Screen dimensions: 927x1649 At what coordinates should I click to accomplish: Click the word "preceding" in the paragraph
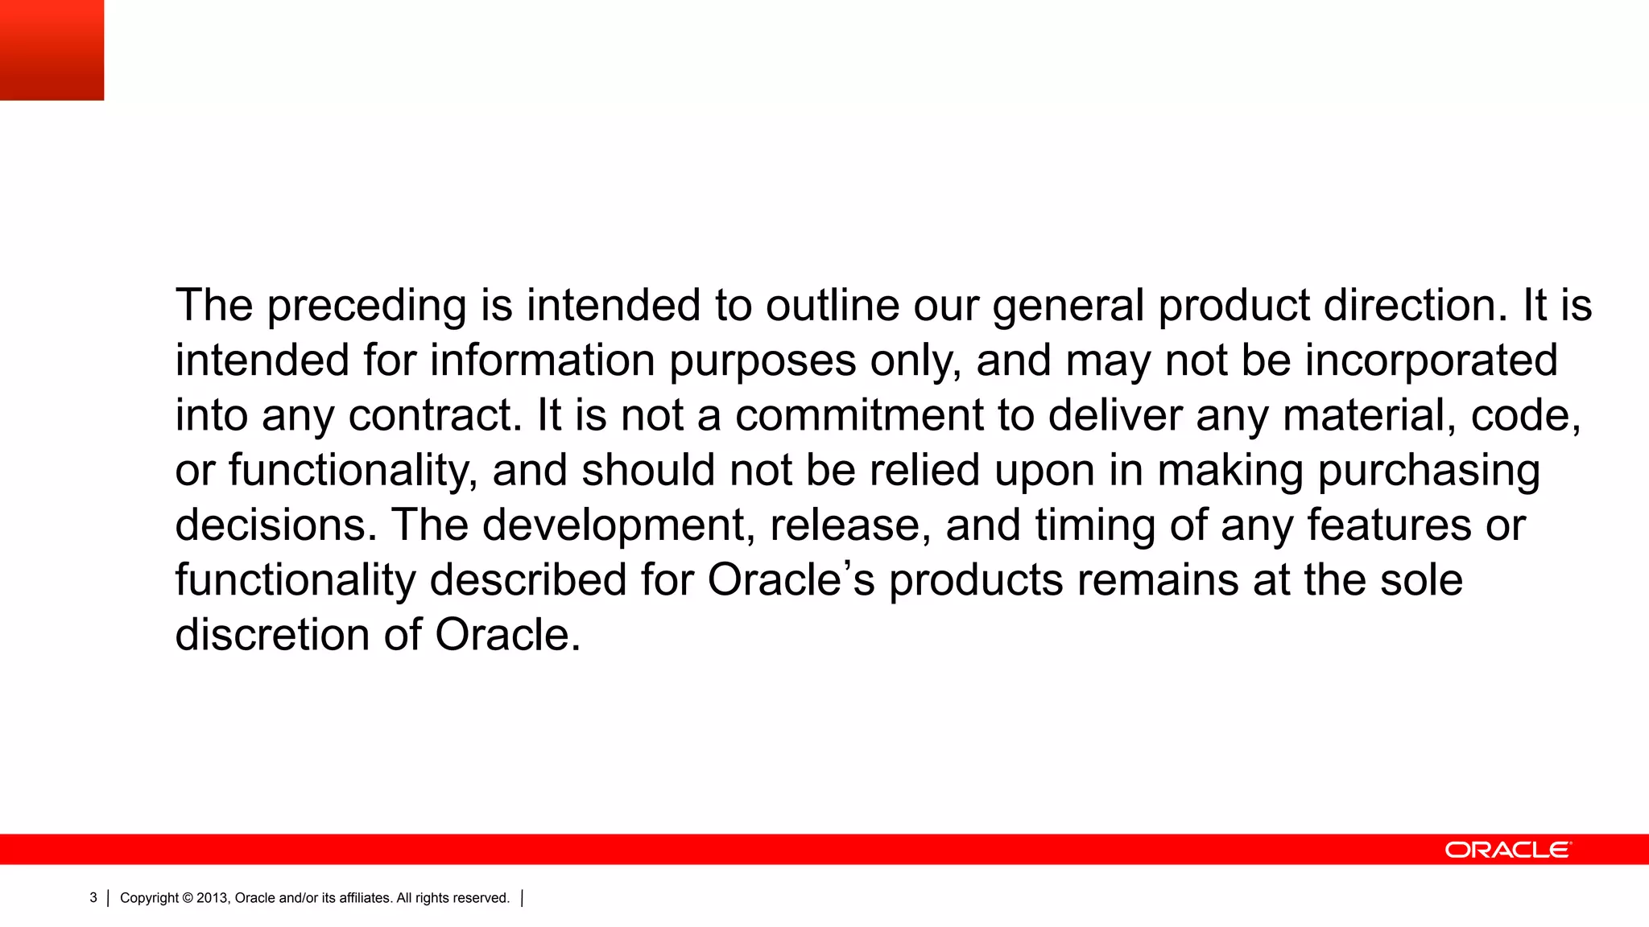366,307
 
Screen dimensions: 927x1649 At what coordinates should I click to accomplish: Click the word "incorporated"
1431,361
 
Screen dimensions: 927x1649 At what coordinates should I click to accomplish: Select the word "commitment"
859,415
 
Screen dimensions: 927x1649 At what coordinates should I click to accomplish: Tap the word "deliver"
1114,415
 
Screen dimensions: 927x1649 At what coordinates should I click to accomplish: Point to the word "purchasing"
1428,472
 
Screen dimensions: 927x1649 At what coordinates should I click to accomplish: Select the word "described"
528,579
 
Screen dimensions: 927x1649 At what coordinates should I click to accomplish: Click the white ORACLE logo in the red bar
1507,850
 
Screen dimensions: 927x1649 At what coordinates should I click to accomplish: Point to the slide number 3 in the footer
93,898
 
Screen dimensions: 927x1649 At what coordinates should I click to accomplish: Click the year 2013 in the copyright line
212,898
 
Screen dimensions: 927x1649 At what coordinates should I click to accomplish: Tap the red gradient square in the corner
52,50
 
